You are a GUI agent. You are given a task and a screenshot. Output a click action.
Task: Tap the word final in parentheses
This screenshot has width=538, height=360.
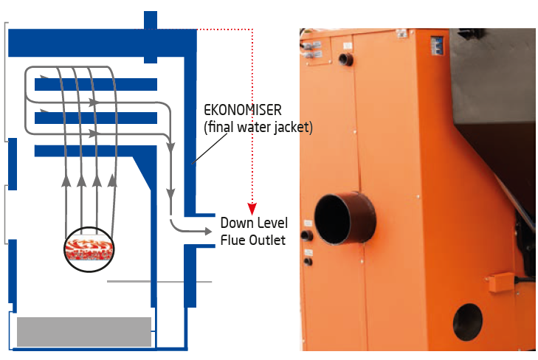point(222,128)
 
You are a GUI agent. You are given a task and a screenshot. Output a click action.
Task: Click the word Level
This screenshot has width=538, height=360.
point(272,223)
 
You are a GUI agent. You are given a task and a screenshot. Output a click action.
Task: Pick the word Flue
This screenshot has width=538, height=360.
point(233,240)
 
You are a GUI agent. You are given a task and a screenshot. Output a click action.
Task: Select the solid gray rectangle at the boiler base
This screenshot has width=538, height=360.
point(83,331)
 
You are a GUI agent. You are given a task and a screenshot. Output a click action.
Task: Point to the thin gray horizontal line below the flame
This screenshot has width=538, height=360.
point(159,281)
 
